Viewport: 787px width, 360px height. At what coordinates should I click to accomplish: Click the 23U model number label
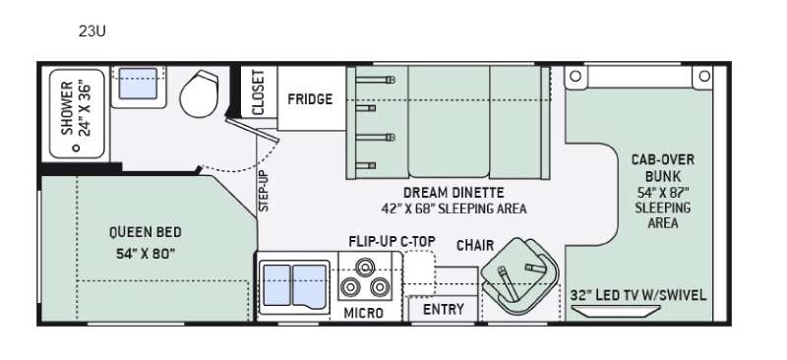coord(91,31)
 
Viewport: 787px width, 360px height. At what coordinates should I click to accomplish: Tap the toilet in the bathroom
coord(200,93)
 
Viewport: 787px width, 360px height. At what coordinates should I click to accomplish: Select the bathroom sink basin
coord(138,84)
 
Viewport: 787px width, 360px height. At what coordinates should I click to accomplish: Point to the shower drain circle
coord(77,149)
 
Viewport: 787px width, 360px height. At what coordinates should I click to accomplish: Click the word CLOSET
coord(258,92)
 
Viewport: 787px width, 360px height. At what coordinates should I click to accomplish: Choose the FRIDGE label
coord(310,99)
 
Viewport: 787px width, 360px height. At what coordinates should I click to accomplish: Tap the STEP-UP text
coord(264,191)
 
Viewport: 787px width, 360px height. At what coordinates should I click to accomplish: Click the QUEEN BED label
coord(146,232)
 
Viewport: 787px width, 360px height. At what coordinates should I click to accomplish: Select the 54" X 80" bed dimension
coord(146,254)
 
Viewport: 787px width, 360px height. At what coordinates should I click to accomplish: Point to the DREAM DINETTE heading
coord(454,193)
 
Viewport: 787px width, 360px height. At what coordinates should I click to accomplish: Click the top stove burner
coord(365,267)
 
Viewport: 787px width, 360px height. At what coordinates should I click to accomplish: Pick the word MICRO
coord(364,313)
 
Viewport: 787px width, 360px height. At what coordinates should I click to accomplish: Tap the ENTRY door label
coord(444,309)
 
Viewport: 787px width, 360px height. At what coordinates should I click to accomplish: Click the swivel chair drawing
coord(519,277)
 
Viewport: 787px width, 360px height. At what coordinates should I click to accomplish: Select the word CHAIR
coord(475,246)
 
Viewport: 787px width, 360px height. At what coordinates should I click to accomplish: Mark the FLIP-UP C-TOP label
coord(392,242)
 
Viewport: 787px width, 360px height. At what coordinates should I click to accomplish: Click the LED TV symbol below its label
coord(617,311)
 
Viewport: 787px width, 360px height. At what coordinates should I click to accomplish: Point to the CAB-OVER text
coord(663,159)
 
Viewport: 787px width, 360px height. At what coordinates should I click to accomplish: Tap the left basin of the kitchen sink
coord(277,284)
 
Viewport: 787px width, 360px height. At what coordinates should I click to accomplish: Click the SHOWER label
coord(67,108)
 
